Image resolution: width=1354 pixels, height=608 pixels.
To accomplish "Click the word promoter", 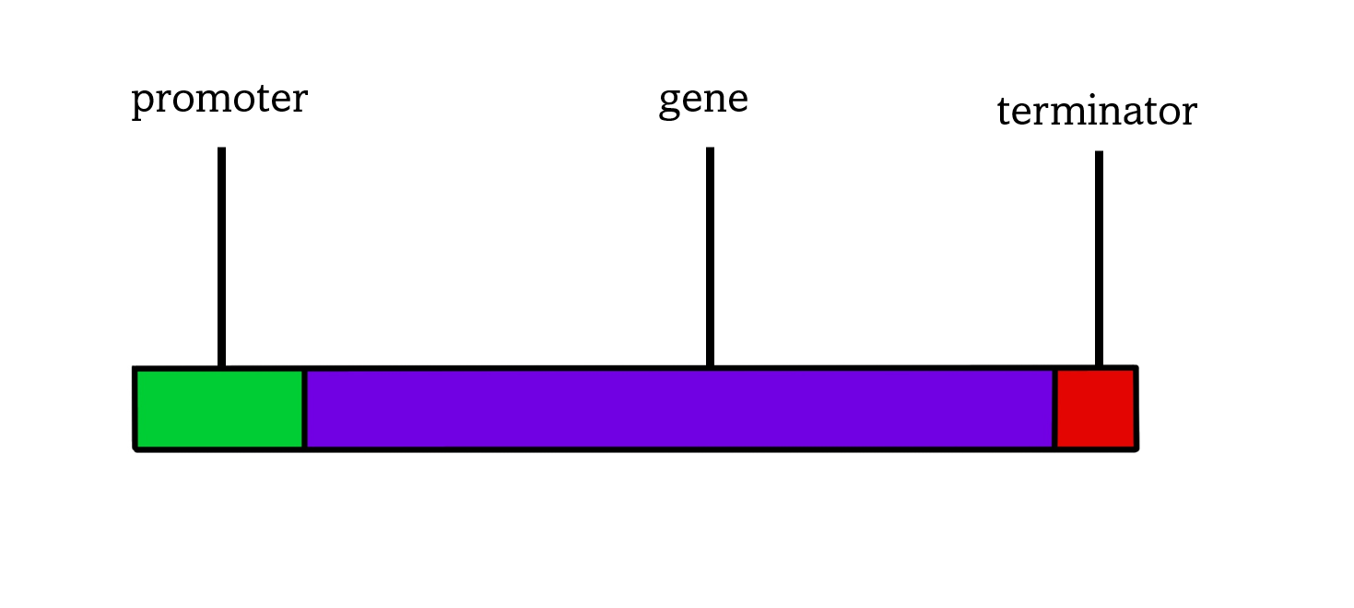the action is pyautogui.click(x=219, y=100).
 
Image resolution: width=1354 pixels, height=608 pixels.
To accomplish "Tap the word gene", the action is pyautogui.click(x=703, y=100).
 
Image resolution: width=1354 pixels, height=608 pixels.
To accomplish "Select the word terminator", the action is pyautogui.click(x=1097, y=113).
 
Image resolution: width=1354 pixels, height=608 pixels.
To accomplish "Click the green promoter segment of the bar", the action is pyautogui.click(x=219, y=409).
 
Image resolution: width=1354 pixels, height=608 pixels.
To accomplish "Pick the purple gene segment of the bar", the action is pyautogui.click(x=679, y=409).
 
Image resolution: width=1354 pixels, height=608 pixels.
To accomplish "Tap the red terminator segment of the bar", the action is pyautogui.click(x=1095, y=409).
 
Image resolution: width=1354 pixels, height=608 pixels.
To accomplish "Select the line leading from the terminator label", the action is pyautogui.click(x=1099, y=258).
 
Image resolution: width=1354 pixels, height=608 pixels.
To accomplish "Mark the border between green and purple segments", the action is pyautogui.click(x=304, y=409).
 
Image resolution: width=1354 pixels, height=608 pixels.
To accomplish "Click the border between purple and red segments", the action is pyautogui.click(x=1054, y=409).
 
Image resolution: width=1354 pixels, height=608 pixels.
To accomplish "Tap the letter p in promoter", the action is pyautogui.click(x=142, y=101).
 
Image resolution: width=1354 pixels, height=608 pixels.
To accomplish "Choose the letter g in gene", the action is pyautogui.click(x=669, y=102).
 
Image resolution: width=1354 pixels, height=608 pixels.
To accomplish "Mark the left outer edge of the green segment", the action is pyautogui.click(x=135, y=409).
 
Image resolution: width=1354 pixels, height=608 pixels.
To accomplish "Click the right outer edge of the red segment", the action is pyautogui.click(x=1136, y=409).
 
